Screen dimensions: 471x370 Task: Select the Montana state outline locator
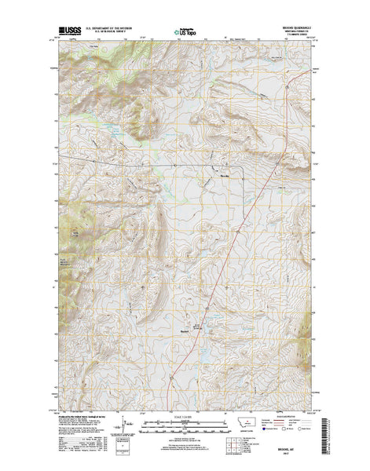(248, 422)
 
